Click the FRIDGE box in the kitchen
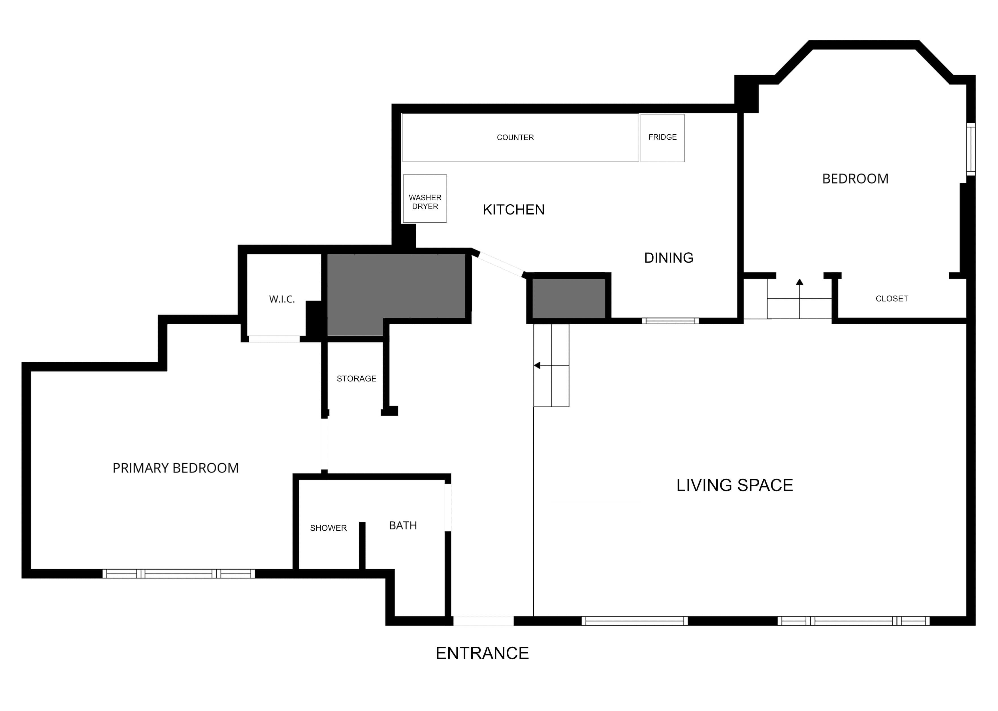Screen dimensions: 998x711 (662, 138)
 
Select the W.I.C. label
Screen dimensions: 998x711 (282, 299)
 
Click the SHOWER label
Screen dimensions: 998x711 (328, 528)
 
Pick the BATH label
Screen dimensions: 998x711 (403, 525)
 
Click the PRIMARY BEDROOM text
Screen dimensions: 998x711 (176, 468)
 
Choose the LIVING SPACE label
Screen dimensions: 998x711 (735, 485)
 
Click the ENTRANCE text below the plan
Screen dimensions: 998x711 (482, 653)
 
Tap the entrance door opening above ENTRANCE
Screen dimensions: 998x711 (483, 621)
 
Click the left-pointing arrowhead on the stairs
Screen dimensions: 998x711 (537, 365)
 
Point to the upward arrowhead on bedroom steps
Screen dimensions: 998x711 (800, 282)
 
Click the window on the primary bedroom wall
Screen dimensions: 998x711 (179, 574)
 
